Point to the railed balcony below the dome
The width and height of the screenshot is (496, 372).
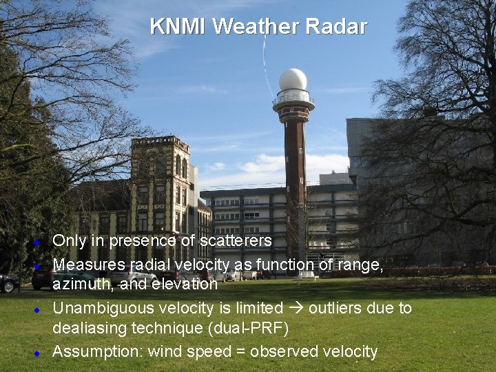(x=293, y=99)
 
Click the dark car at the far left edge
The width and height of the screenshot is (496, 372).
(x=8, y=282)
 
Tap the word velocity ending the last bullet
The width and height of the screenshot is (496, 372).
(x=347, y=351)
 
